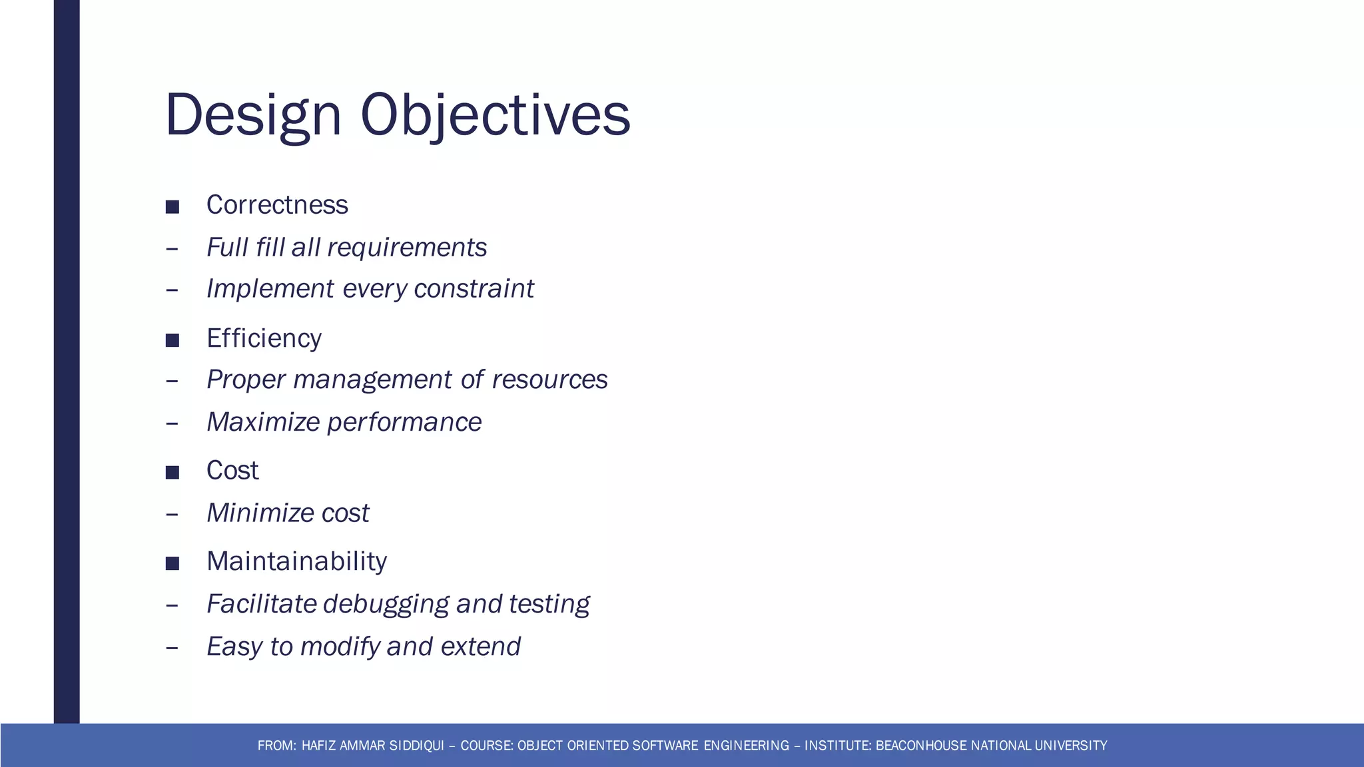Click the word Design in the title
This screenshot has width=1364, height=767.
click(253, 116)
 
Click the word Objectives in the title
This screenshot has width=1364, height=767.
click(495, 116)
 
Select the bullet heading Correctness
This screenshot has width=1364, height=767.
click(277, 205)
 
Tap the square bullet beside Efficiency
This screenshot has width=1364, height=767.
click(172, 341)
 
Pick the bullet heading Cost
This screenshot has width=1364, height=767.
click(232, 471)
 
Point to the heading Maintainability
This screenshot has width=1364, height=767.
click(296, 561)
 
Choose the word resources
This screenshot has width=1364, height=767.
click(549, 380)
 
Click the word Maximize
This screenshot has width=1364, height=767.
click(263, 422)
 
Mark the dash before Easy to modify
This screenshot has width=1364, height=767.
click(172, 647)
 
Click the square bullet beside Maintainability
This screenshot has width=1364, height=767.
click(172, 564)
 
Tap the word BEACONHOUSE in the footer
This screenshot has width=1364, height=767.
click(921, 746)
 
